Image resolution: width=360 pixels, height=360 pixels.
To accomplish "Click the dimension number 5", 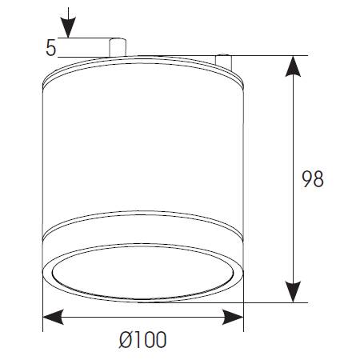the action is tap(51, 48).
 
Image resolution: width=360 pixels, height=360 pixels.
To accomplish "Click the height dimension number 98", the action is tap(313, 178).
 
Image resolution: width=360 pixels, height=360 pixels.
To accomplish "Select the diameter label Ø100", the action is tap(142, 340).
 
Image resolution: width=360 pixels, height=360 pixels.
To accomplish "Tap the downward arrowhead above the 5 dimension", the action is tap(68, 27).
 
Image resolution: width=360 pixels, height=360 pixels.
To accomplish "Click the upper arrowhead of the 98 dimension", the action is tap(293, 66).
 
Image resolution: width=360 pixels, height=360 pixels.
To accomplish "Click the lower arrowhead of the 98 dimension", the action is tap(293, 292).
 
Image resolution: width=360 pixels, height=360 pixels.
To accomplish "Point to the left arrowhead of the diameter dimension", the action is tap(54, 317).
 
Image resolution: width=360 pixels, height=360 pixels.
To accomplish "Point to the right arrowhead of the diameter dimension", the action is tap(233, 317).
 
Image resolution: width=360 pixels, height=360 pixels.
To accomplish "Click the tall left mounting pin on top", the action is tap(118, 47).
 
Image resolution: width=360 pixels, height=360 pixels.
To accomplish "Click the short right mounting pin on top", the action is tap(223, 62).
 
